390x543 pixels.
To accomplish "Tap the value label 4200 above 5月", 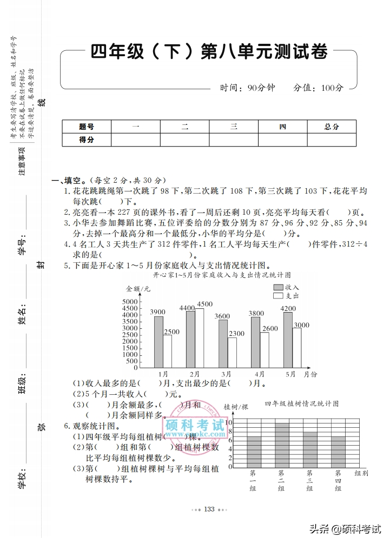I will (288, 309).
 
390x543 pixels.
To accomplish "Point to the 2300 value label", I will (236, 334).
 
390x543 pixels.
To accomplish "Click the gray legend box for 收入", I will (279, 287).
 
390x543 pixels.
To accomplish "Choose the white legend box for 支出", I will (279, 296).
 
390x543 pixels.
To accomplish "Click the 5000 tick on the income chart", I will (130, 301).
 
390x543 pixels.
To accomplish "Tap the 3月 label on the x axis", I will (226, 374).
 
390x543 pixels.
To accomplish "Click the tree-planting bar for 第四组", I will (338, 452).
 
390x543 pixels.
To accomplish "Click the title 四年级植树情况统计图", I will (301, 403).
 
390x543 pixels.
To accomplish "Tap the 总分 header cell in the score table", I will (332, 127).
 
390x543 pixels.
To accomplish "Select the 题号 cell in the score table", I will (87, 127).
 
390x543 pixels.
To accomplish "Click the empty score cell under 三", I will (234, 140).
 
